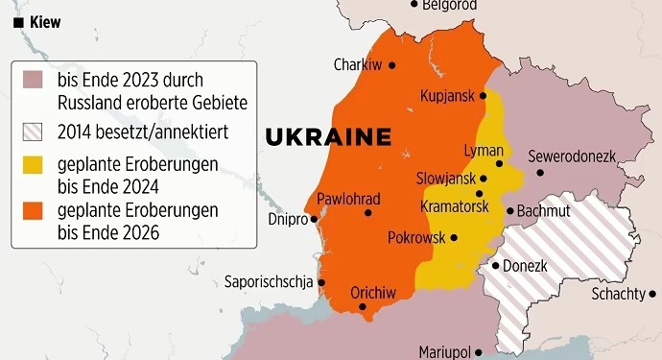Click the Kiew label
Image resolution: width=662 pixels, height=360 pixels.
[x=46, y=21]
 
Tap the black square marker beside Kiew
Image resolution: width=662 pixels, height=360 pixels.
[x=18, y=21]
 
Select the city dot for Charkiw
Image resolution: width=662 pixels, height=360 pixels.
[x=391, y=65]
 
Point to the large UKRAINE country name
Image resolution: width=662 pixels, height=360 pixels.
[x=328, y=136]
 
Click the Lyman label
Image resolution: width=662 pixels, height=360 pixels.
[x=483, y=152]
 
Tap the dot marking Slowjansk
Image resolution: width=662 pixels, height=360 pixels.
[x=484, y=179]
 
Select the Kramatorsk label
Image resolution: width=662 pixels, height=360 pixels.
[x=455, y=206]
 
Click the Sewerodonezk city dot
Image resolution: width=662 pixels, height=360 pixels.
[x=540, y=173]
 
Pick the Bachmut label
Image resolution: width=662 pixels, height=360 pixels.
[x=543, y=210]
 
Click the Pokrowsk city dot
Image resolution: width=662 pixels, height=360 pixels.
[x=454, y=237]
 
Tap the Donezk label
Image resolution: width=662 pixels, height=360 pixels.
[x=526, y=265]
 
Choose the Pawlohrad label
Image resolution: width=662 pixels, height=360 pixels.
[x=348, y=199]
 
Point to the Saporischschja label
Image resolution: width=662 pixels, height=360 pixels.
[x=268, y=282]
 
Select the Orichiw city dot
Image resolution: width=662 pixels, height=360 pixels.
[x=363, y=306]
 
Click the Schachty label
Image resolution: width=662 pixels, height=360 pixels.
[x=618, y=294]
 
